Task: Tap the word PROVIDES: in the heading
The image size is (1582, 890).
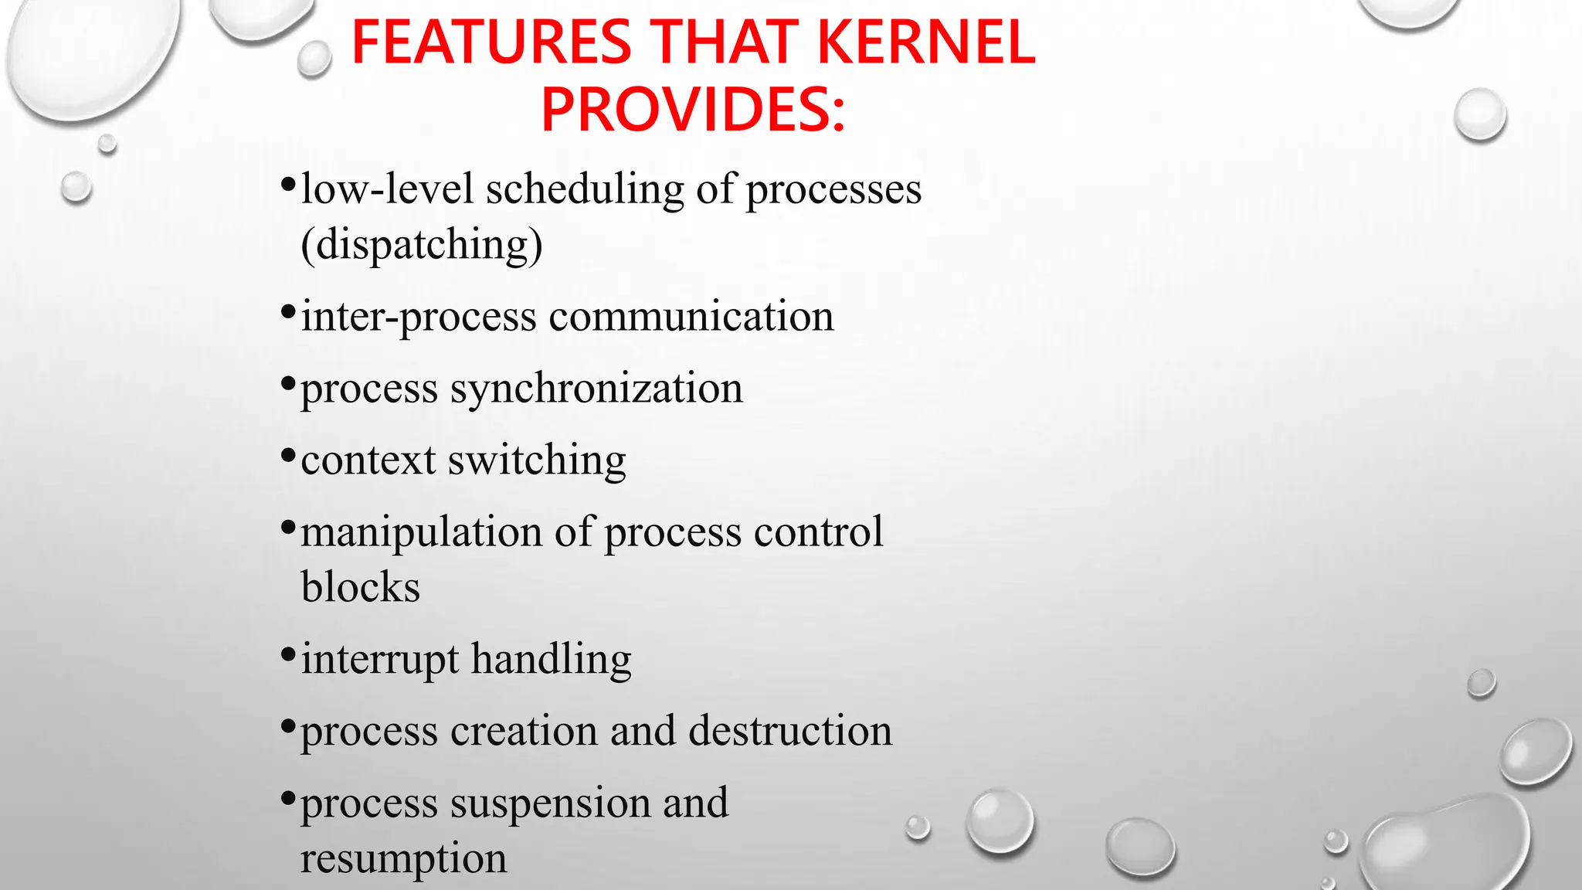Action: tap(693, 109)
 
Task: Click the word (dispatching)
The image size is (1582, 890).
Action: tap(422, 246)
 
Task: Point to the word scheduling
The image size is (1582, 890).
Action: tap(585, 190)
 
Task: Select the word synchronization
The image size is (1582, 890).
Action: tap(596, 389)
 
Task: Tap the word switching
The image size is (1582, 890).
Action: tap(537, 460)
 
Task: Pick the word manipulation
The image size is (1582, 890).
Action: tap(422, 532)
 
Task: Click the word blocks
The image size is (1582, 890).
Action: tap(361, 587)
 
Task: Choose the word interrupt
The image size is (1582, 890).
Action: tap(380, 660)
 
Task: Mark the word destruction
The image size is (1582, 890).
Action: tap(790, 731)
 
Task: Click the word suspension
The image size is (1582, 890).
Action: tap(550, 803)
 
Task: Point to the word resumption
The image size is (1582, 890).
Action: tap(403, 858)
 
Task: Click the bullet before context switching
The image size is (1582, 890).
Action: tap(288, 457)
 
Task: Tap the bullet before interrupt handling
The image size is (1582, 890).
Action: tap(288, 656)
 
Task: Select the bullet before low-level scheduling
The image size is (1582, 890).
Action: tap(288, 185)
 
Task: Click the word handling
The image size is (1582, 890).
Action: tap(552, 660)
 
